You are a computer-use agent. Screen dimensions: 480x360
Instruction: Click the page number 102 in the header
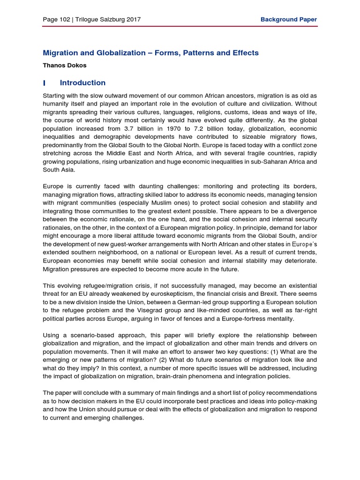tap(64, 20)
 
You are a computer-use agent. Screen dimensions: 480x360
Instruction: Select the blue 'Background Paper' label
tap(288, 20)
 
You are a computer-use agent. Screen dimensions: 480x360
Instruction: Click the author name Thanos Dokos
tap(65, 66)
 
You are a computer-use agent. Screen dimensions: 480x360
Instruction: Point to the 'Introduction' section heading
tap(82, 83)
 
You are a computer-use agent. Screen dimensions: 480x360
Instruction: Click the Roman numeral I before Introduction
tap(44, 83)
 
